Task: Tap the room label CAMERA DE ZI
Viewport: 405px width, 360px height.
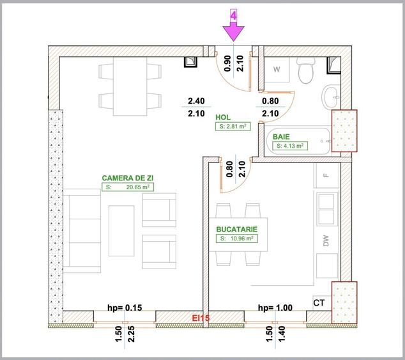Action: (128, 178)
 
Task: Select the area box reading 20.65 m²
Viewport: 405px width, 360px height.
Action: (128, 187)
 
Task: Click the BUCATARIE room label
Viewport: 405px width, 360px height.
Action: (237, 230)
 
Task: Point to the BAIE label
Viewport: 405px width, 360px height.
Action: (281, 137)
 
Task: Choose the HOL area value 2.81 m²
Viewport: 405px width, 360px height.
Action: (233, 126)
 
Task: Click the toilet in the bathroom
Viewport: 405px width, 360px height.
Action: (306, 70)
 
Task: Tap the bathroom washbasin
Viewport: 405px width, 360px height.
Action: (331, 97)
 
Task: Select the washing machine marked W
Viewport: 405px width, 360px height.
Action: (277, 69)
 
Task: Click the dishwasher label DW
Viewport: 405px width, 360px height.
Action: (326, 240)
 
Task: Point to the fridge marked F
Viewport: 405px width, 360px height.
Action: (326, 175)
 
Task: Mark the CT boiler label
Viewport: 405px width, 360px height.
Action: (319, 302)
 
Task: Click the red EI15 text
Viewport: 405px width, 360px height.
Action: (201, 318)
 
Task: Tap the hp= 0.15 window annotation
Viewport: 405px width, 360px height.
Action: (125, 308)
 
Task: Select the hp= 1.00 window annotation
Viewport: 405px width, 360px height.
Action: (275, 308)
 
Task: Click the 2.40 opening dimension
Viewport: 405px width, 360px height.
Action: (196, 101)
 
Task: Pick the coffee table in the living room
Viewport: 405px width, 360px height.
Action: (121, 231)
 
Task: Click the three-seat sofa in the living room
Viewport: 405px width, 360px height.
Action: (82, 231)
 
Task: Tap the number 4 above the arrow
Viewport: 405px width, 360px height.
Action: (234, 16)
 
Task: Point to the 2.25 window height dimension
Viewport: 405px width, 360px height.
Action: (131, 334)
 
